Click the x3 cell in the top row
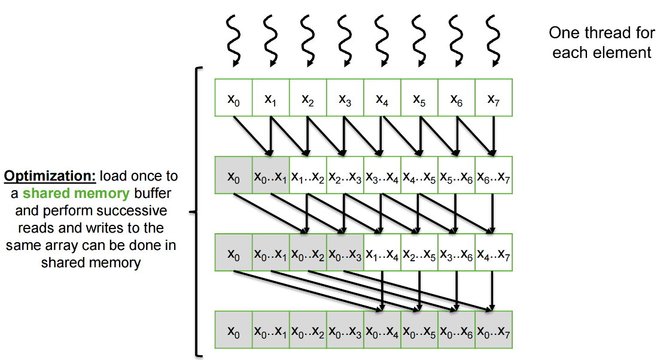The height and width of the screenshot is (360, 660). [345, 97]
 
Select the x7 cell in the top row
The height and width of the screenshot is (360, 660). [494, 97]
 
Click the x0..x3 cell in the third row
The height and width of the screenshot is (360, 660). [345, 254]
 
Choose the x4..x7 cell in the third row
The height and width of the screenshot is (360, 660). [494, 254]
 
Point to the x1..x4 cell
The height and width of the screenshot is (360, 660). [382, 254]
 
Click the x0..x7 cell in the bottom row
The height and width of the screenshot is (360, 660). [494, 330]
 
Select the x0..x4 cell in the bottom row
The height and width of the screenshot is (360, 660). [382, 330]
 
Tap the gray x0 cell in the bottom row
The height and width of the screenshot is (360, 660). [233, 330]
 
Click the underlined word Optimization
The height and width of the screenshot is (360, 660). [50, 177]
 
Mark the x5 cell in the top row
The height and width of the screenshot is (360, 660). [419, 97]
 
